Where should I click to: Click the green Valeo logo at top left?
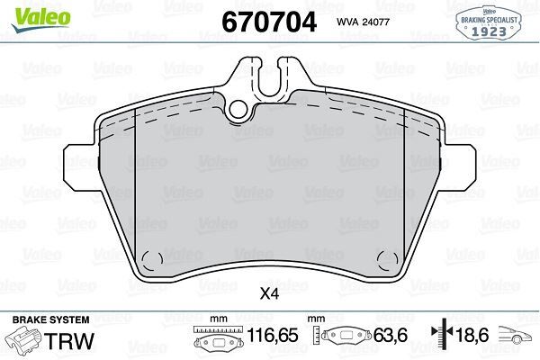(x=40, y=19)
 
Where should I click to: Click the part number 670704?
(x=269, y=22)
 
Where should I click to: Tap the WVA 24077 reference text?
(x=363, y=22)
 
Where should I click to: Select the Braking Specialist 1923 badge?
(x=489, y=23)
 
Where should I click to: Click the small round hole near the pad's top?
(x=238, y=110)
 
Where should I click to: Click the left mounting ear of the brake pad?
(x=80, y=166)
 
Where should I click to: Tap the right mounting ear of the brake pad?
(x=460, y=166)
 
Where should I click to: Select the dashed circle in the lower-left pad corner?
(x=152, y=260)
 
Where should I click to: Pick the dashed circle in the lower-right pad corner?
(x=388, y=260)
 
